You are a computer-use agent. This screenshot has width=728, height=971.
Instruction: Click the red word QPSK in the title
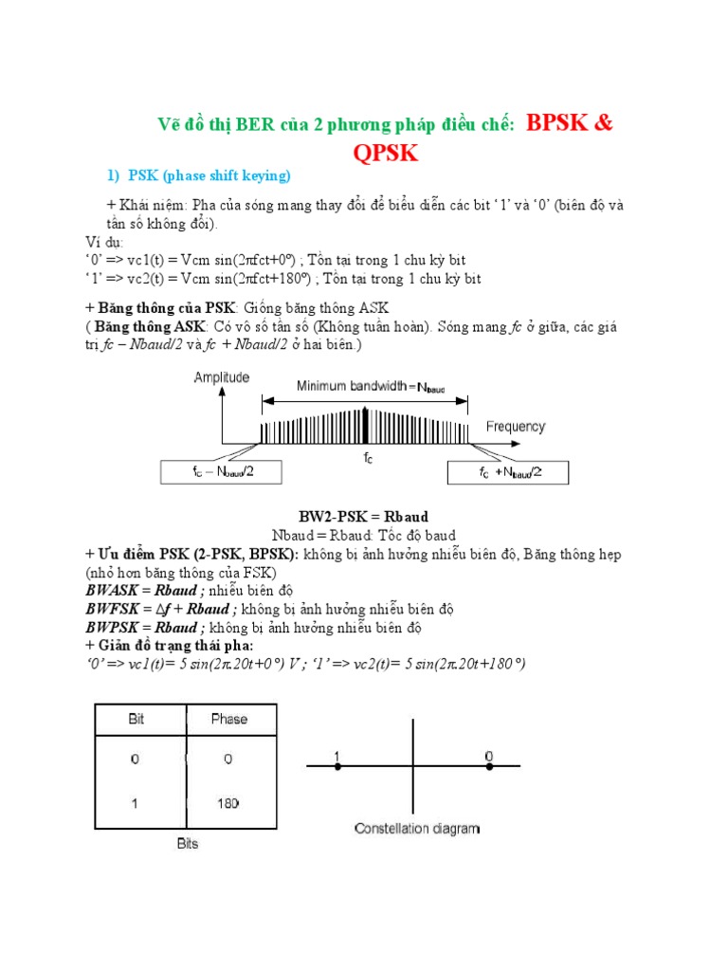(x=385, y=154)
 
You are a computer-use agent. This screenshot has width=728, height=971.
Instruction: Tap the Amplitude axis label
(x=222, y=377)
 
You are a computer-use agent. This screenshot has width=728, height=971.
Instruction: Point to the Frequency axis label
(x=516, y=427)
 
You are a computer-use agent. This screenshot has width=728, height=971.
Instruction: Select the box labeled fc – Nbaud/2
(x=216, y=472)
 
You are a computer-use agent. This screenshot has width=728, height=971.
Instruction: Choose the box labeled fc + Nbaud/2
(x=508, y=472)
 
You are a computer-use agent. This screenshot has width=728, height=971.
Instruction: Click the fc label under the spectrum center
(x=368, y=457)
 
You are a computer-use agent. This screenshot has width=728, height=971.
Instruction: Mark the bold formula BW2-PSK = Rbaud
(x=364, y=517)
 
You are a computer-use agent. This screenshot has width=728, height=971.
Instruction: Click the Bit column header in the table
(x=138, y=719)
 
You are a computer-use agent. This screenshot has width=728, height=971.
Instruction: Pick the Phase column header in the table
(x=228, y=719)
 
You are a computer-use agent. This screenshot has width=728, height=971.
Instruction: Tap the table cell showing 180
(x=227, y=802)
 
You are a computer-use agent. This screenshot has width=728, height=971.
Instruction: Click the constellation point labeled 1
(x=337, y=765)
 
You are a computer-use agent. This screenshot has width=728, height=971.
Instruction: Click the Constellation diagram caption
(x=417, y=829)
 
